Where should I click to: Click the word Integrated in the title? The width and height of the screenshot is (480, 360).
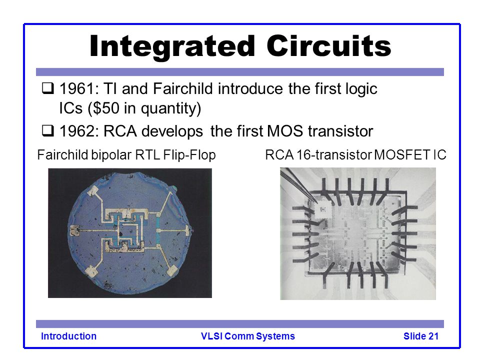(x=172, y=46)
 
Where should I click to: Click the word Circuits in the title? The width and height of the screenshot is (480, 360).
(x=329, y=45)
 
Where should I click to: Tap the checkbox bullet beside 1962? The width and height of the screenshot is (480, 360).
(x=48, y=130)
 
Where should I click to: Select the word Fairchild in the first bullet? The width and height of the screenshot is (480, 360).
(x=183, y=88)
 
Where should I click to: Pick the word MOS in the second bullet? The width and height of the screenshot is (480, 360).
(x=285, y=131)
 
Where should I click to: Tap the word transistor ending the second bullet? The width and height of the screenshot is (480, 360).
(x=340, y=131)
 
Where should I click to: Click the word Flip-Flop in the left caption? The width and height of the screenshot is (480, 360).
(x=189, y=155)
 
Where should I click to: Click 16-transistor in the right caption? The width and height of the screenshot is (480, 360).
(x=334, y=154)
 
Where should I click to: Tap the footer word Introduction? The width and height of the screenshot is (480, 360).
(x=68, y=336)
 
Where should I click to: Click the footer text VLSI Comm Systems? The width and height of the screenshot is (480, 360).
(x=247, y=336)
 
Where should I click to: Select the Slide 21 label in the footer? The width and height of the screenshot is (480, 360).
(x=421, y=336)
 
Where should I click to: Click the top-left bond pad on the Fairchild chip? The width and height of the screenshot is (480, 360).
(x=93, y=191)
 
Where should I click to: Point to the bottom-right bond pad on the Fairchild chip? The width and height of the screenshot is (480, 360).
(x=171, y=270)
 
